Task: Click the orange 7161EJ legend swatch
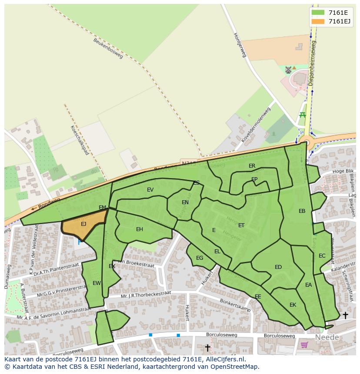318,21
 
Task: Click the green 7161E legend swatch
318,13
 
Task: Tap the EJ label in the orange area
83,224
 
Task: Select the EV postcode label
150,190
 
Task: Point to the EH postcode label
140,229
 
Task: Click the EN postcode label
185,202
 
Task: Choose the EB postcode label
302,211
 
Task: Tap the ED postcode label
278,267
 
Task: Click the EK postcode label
293,305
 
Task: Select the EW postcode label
97,283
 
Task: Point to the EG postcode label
200,258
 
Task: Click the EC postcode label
322,256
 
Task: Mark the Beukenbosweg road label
108,48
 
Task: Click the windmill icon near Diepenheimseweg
288,70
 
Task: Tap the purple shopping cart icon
304,345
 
